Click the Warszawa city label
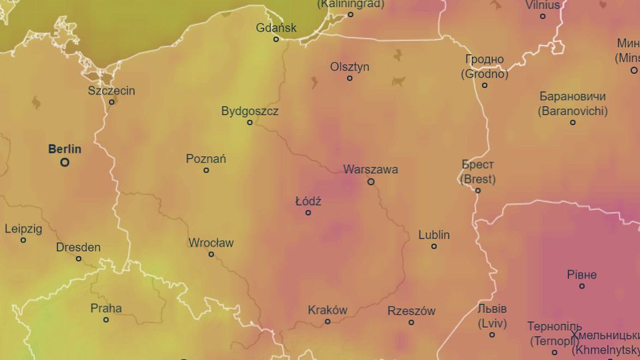tap(370, 169)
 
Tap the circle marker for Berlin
tap(65, 162)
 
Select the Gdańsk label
tap(276, 27)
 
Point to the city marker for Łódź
tap(308, 213)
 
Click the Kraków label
tap(328, 310)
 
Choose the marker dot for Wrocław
tap(211, 254)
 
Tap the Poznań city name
tap(206, 159)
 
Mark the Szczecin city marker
tap(111, 102)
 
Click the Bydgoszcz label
tap(250, 111)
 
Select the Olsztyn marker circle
tap(349, 78)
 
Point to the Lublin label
tap(434, 235)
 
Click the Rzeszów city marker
tap(411, 322)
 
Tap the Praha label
tap(106, 308)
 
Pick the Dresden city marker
tap(79, 258)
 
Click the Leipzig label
tap(23, 229)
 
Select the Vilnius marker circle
tap(542, 16)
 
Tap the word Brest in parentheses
tap(478, 179)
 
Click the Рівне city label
tap(582, 275)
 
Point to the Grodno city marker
tap(484, 85)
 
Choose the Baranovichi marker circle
tap(572, 122)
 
